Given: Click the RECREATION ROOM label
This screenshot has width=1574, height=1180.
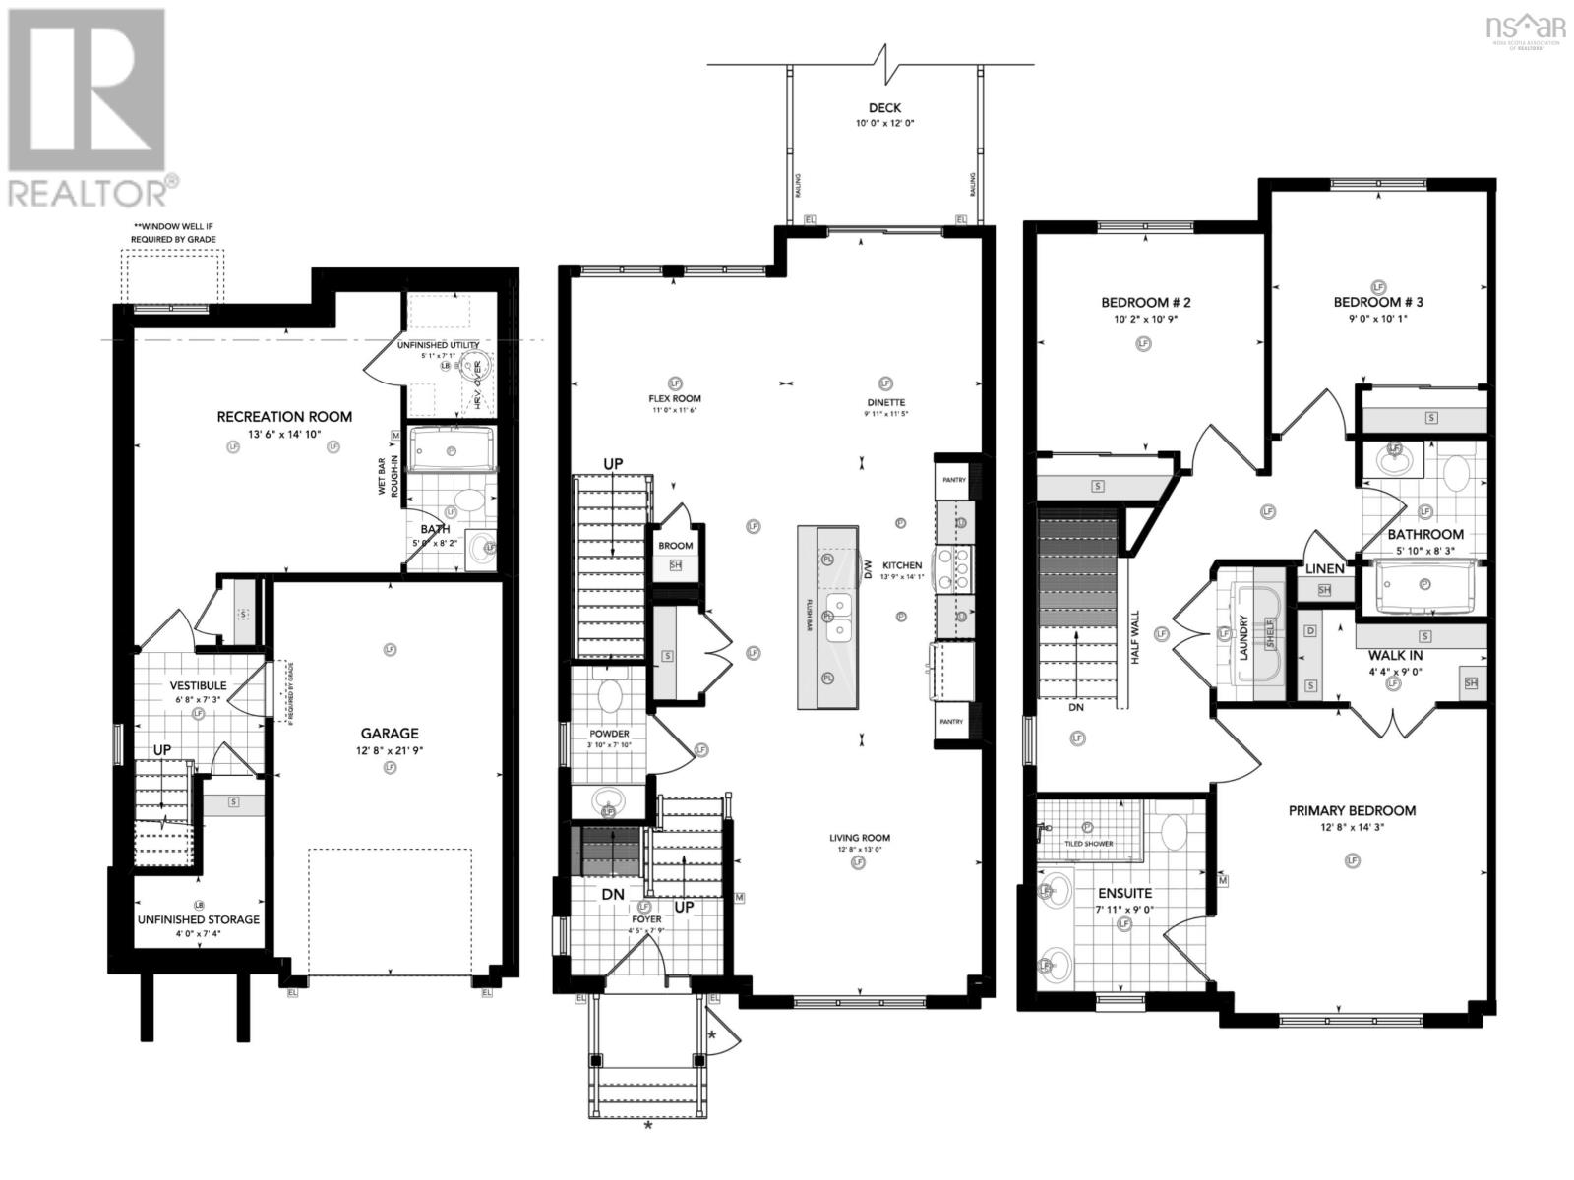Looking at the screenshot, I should [284, 417].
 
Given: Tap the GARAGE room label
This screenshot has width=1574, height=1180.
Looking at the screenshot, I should [390, 733].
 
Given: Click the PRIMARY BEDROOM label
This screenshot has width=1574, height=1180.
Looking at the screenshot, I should [1352, 810].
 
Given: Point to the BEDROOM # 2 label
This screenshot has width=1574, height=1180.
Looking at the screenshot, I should [1145, 303].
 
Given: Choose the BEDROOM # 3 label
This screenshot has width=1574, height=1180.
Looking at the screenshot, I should [1377, 302].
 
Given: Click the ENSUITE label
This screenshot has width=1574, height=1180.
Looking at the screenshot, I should [1125, 893].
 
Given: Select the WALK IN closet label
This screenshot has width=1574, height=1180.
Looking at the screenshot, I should [1395, 655].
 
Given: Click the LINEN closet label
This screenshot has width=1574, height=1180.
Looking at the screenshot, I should [1324, 569].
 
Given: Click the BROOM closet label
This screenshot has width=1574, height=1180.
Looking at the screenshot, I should [675, 546].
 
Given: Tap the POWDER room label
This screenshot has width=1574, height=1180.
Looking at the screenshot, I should [609, 734].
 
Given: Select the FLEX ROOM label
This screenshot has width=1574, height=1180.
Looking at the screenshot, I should [674, 398].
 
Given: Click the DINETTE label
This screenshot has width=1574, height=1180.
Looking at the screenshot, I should [885, 401].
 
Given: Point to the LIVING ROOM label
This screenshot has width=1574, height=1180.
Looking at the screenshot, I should [859, 838].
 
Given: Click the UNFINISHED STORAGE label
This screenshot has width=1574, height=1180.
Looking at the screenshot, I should [199, 919].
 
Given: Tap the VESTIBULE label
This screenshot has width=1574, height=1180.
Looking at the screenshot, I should [198, 685].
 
